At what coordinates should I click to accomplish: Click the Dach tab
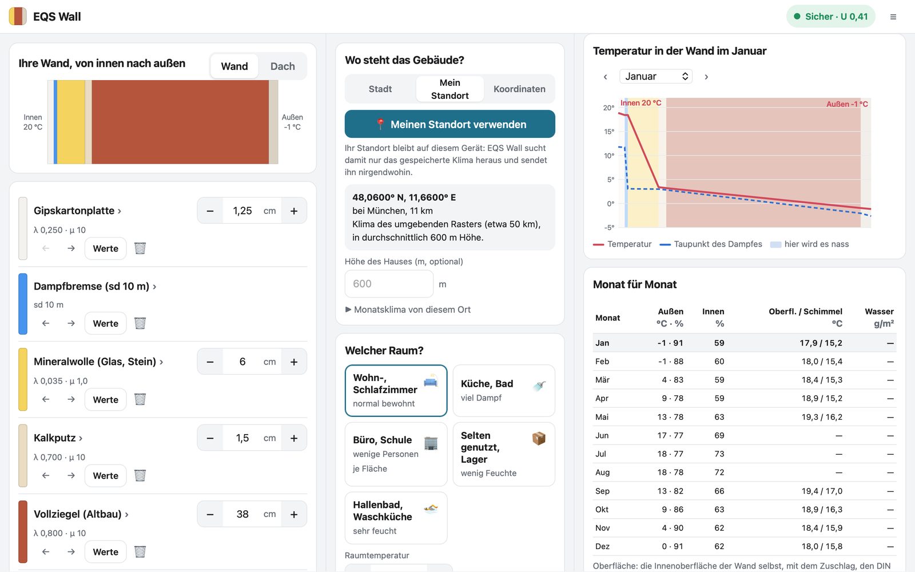[x=283, y=66]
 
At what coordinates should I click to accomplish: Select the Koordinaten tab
[x=519, y=89]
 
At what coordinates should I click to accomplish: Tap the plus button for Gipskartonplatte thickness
[x=294, y=211]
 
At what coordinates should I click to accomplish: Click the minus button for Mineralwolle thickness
[x=210, y=362]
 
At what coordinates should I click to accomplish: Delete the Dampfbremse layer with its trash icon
[x=140, y=323]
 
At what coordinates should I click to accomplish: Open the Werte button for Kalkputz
[x=105, y=475]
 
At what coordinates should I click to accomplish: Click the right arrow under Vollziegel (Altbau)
[x=71, y=551]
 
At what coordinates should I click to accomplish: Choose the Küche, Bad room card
[x=504, y=391]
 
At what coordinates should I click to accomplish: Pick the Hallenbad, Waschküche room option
[x=396, y=518]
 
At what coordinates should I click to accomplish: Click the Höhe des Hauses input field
[x=389, y=284]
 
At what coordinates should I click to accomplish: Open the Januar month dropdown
[x=655, y=77]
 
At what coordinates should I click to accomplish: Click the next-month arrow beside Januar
[x=706, y=77]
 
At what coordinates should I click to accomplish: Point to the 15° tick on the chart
[x=609, y=132]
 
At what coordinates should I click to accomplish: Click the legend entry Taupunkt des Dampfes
[x=711, y=244]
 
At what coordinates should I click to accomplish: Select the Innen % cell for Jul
[x=719, y=454]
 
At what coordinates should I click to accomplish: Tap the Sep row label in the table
[x=602, y=491]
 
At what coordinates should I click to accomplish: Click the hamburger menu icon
[x=893, y=17]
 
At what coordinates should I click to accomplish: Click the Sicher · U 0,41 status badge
[x=830, y=17]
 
